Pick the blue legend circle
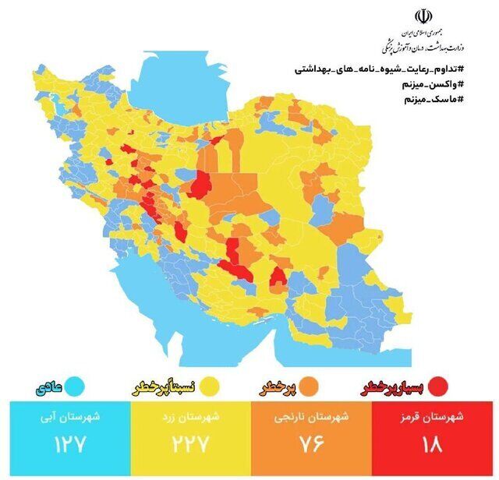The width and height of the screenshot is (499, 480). pyautogui.click(x=76, y=386)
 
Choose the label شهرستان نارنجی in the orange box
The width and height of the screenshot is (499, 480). pyautogui.click(x=310, y=417)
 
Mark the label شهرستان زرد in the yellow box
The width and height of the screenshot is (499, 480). pyautogui.click(x=188, y=417)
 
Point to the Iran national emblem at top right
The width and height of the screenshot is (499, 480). pyautogui.click(x=423, y=17)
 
